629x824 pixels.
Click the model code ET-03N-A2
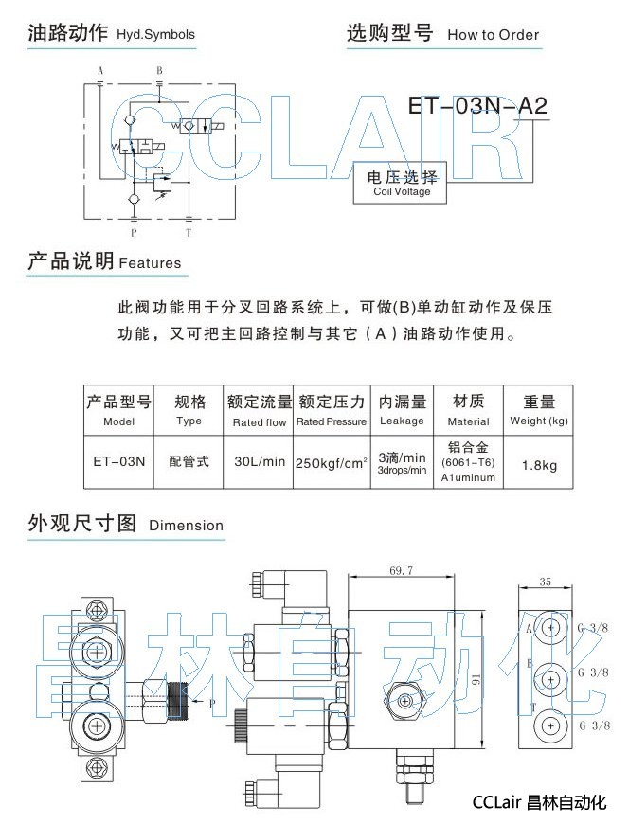[x=477, y=105]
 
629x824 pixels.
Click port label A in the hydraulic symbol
[x=100, y=71]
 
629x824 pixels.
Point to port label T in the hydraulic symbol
[x=188, y=231]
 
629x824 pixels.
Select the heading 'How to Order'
[x=493, y=35]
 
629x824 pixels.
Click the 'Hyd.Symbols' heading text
[x=155, y=35]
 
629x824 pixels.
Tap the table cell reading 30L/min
[x=260, y=462]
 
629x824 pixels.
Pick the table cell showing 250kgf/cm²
[x=331, y=463]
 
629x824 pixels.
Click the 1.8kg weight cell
[x=538, y=464]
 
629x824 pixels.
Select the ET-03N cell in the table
[x=119, y=462]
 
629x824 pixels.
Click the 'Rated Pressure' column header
[x=331, y=421]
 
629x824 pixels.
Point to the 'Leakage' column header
[x=402, y=421]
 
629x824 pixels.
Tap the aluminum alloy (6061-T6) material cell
[x=468, y=461]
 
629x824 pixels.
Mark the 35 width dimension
[x=545, y=582]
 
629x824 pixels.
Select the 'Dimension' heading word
[x=186, y=526]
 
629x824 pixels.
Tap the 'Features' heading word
[x=150, y=263]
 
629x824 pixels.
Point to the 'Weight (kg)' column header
[x=538, y=421]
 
